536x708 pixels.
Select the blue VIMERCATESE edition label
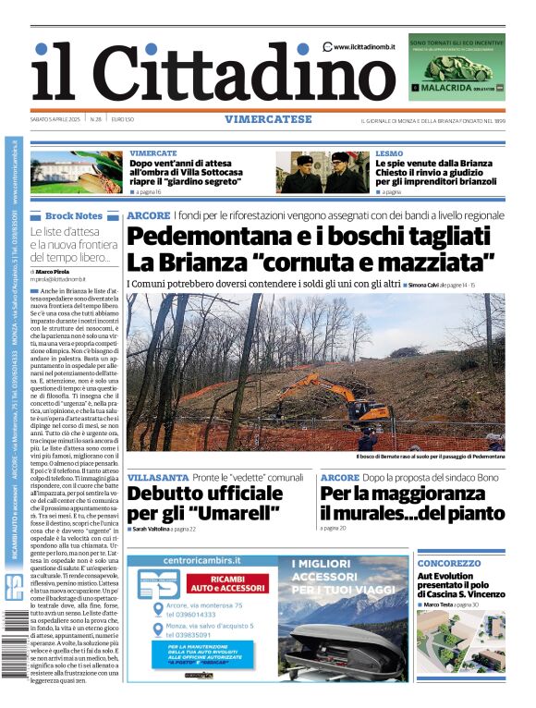(x=268, y=119)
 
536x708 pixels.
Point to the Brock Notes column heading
(x=74, y=215)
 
